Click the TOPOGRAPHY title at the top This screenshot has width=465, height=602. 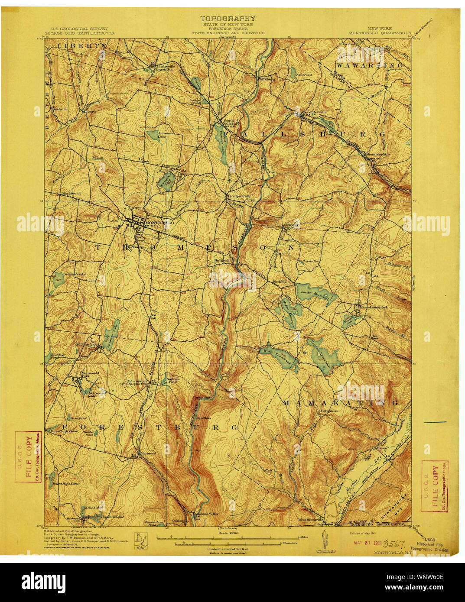(228, 19)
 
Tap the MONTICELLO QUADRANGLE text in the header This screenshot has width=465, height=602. (380, 33)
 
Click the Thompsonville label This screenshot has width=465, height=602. (239, 196)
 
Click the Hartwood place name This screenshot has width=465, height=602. (149, 453)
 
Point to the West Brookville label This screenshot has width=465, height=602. (310, 519)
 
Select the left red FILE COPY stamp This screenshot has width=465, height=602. (29, 456)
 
